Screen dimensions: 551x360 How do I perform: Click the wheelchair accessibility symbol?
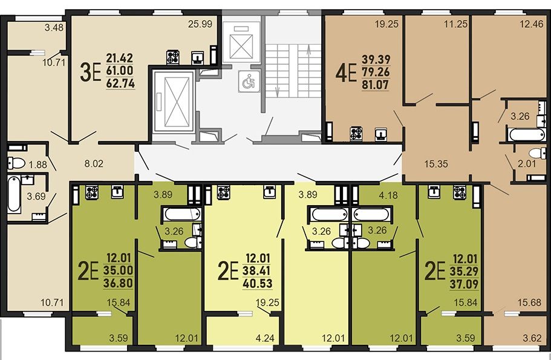coord(249,82)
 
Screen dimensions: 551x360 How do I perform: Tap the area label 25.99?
coord(200,24)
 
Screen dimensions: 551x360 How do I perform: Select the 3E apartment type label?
coord(91,72)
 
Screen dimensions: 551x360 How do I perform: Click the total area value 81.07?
coord(376,85)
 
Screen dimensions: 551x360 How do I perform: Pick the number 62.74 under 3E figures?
coord(120,83)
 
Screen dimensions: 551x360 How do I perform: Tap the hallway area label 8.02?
coord(94,163)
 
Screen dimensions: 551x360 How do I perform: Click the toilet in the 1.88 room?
coord(16,163)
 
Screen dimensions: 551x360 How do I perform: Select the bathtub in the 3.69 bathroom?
coord(14,194)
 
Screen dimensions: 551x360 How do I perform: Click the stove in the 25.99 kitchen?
coord(173,57)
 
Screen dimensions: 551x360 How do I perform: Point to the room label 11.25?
coord(456,24)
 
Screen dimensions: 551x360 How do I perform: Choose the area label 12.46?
coord(531,25)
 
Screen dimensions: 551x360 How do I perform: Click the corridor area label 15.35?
coord(435,164)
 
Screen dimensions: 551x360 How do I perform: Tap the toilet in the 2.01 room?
coord(538,153)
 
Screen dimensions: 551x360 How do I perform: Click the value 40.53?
coord(257,283)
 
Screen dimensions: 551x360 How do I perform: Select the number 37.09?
coord(464,284)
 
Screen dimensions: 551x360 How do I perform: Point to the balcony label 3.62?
coord(532,338)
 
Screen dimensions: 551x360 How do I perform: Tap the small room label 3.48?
coord(54,27)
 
